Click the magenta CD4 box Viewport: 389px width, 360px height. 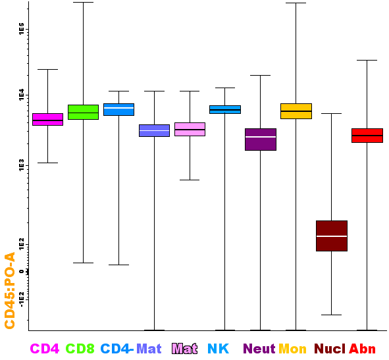coord(47,119)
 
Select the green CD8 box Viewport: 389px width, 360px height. coord(83,112)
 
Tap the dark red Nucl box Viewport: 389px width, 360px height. coord(332,236)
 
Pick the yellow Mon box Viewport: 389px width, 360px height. coord(296,111)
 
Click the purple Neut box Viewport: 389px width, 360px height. coord(261,140)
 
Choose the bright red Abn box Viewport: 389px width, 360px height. coord(367,136)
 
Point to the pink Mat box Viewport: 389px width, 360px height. coord(190,129)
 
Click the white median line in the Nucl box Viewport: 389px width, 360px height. coord(332,236)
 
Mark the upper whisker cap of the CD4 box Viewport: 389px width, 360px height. coord(47,70)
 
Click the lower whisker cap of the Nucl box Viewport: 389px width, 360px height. coord(332,315)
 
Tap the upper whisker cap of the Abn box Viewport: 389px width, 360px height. coord(367,61)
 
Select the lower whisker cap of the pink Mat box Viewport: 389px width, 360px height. coord(190,180)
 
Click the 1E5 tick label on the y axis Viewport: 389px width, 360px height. coord(22,28)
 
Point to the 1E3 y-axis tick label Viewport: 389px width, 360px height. coord(22,165)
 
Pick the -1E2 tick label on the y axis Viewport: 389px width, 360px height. coord(22,299)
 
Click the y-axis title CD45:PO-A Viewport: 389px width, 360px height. coord(10,290)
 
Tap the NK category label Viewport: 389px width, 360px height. coord(218,349)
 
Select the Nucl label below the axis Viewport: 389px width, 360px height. coord(330,349)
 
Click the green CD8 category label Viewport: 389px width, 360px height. coord(80,349)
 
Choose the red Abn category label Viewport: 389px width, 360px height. coord(362,349)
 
